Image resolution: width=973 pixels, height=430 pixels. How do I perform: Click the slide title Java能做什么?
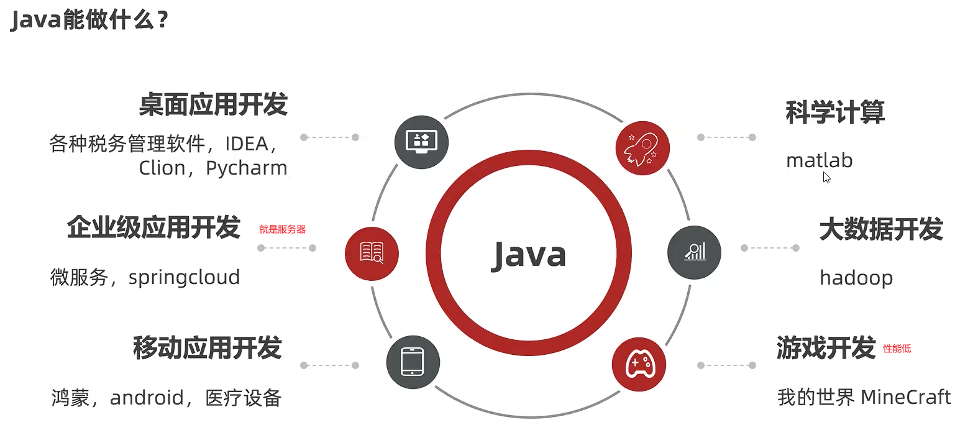tap(90, 21)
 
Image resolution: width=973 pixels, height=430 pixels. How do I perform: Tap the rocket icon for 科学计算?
tap(642, 148)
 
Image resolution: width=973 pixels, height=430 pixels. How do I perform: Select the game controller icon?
tap(638, 364)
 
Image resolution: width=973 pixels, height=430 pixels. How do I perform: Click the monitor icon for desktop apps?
tap(421, 142)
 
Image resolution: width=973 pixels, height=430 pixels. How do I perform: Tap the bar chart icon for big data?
tap(694, 252)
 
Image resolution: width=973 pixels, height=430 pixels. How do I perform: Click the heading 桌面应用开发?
tap(213, 105)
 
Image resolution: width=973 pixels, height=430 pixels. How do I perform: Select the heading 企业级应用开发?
tap(153, 228)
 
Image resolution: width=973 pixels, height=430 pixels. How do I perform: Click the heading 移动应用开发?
tap(208, 348)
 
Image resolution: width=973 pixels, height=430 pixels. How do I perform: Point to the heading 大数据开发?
tap(881, 229)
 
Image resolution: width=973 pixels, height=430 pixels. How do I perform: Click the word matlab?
tap(819, 160)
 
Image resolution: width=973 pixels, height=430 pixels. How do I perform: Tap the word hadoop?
tap(856, 277)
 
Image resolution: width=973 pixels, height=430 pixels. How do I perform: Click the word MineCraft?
tap(905, 396)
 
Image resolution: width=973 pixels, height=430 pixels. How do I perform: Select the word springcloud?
tap(184, 277)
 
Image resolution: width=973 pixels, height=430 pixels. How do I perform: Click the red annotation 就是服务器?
tap(283, 229)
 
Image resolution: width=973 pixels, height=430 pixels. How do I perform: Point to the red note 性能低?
tap(897, 349)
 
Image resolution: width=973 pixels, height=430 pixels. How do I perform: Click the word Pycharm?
tap(246, 168)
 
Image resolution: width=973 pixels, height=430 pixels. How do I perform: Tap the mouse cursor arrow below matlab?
tap(826, 177)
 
